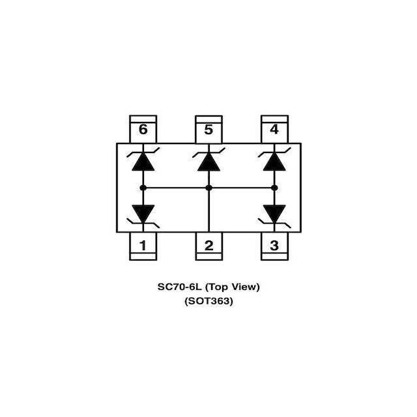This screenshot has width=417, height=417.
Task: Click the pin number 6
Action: (143, 130)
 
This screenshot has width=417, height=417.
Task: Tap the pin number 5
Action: (208, 130)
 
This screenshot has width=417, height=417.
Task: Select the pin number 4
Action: (274, 130)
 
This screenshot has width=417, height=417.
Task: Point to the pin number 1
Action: (143, 246)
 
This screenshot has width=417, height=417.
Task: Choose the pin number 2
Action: (208, 246)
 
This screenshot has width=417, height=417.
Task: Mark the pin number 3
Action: (274, 246)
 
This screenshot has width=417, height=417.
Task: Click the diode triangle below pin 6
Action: (143, 162)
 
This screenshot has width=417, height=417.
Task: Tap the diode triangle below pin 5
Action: (208, 162)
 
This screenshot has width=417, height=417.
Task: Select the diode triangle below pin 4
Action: (274, 162)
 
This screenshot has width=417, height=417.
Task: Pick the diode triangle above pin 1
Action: (143, 214)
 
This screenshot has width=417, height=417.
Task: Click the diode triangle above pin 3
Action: (274, 214)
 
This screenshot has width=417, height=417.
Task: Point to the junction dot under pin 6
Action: (143, 188)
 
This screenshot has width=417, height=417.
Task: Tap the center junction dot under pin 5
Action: (208, 188)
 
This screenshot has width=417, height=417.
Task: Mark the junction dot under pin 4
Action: (274, 188)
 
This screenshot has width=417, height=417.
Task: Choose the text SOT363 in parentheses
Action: (208, 301)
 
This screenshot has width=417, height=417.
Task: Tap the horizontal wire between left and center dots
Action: (176, 188)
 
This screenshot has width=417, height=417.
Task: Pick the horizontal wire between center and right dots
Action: (242, 188)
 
